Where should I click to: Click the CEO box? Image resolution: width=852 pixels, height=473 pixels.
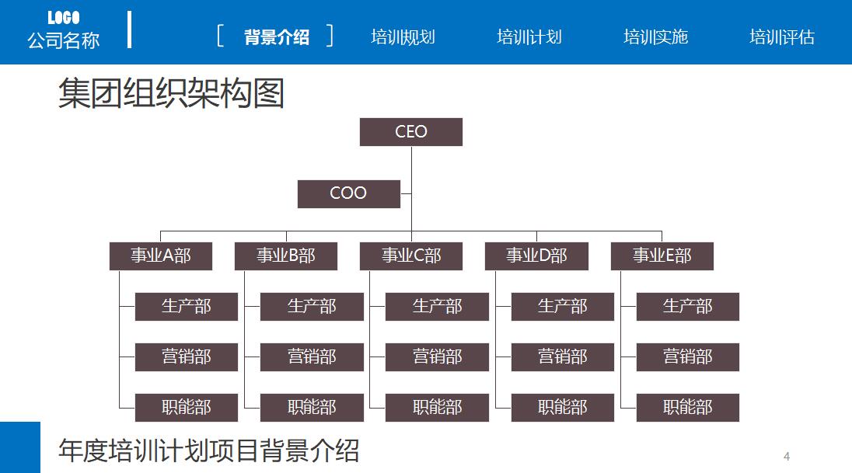pyautogui.click(x=410, y=132)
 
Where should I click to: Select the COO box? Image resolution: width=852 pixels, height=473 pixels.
pyautogui.click(x=348, y=194)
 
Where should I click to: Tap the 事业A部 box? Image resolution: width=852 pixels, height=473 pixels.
pyautogui.click(x=160, y=256)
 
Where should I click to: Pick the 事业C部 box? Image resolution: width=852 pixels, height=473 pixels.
pyautogui.click(x=410, y=256)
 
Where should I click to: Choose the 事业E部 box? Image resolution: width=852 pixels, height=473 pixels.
pyautogui.click(x=662, y=256)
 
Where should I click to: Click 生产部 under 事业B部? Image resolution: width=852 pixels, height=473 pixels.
pyautogui.click(x=312, y=307)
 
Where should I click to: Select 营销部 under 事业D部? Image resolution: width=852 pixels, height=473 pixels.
pyautogui.click(x=562, y=357)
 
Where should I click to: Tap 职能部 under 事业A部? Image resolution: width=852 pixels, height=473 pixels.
pyautogui.click(x=186, y=408)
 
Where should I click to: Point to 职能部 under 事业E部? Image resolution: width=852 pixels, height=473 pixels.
pyautogui.click(x=687, y=408)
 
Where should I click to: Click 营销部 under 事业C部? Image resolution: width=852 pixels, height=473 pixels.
pyautogui.click(x=437, y=357)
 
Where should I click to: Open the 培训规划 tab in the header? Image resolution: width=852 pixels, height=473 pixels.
pyautogui.click(x=403, y=37)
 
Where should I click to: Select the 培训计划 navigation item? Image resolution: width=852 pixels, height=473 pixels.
pyautogui.click(x=529, y=37)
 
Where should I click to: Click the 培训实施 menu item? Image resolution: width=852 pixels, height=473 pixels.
pyautogui.click(x=655, y=37)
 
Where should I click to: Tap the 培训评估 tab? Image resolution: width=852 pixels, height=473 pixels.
pyautogui.click(x=781, y=37)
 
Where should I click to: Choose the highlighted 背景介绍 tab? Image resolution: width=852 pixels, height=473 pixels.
pyautogui.click(x=276, y=37)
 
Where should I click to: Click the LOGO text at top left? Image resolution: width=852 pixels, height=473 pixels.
pyautogui.click(x=64, y=18)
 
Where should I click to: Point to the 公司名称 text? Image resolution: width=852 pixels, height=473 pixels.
pyautogui.click(x=64, y=40)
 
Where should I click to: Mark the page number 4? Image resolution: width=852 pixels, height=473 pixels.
pyautogui.click(x=787, y=456)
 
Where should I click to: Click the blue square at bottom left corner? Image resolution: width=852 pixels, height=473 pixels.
pyautogui.click(x=19, y=447)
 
